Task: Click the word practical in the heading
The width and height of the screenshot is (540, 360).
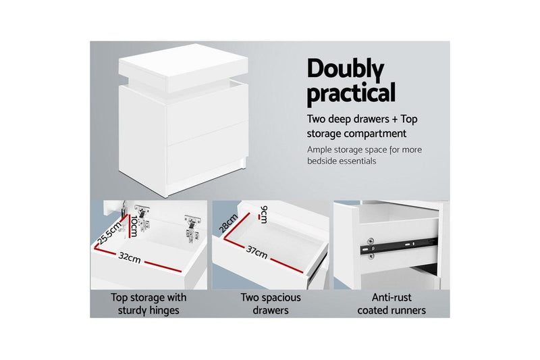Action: point(351,93)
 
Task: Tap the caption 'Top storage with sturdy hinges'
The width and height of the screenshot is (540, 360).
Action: point(148,303)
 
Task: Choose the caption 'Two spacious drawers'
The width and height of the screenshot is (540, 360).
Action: point(271,303)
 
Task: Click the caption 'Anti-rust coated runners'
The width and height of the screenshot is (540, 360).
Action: point(392,303)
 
